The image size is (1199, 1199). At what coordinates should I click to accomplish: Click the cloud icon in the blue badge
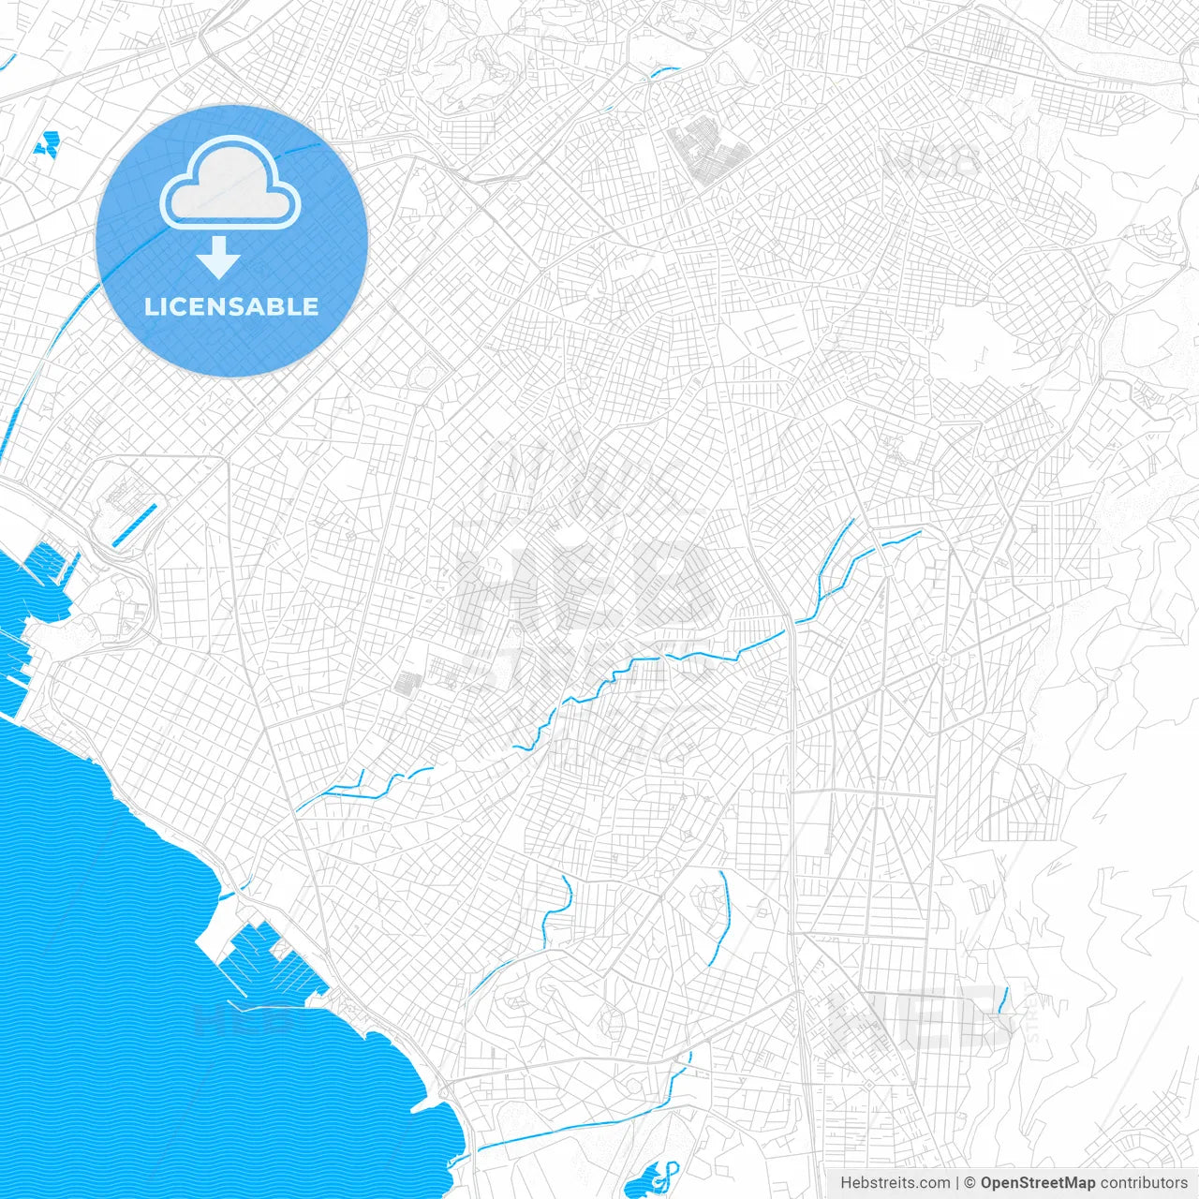(230, 183)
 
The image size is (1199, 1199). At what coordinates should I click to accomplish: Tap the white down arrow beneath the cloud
(218, 257)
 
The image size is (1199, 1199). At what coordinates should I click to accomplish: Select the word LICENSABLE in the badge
(230, 306)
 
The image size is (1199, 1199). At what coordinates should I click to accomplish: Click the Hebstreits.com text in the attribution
(895, 1183)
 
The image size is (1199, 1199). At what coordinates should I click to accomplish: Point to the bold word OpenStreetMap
(1037, 1183)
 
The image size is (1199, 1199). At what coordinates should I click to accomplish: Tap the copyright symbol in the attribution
(970, 1183)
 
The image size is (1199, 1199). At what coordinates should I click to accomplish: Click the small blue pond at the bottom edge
(646, 1182)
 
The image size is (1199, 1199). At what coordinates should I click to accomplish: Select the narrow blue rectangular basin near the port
(135, 525)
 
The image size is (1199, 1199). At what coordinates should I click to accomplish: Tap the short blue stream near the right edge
(1003, 1000)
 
